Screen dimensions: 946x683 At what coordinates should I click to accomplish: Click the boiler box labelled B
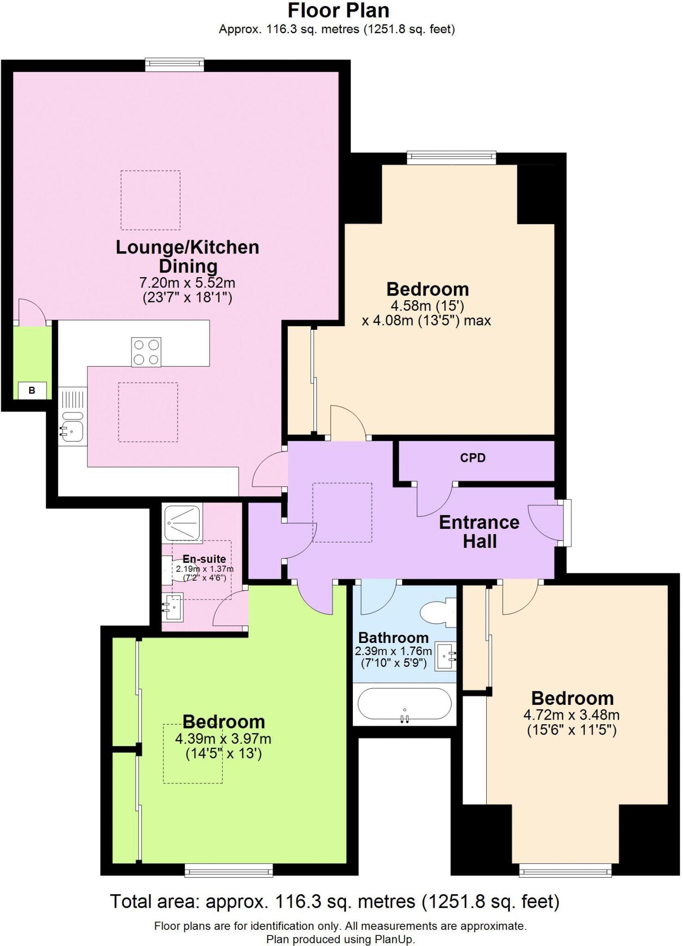[32, 390]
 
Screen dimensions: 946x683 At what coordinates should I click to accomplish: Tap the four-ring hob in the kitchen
[146, 352]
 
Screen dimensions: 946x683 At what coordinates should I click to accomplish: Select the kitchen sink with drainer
[73, 417]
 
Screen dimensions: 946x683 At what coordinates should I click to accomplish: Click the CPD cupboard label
[472, 458]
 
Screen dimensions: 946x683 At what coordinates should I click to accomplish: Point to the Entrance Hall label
[479, 532]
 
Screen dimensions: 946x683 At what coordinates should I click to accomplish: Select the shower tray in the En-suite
[183, 523]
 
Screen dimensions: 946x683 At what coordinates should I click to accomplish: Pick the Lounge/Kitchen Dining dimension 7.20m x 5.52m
[187, 282]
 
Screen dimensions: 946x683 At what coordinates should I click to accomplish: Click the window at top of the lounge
[174, 65]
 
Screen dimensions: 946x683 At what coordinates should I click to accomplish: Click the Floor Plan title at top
[338, 10]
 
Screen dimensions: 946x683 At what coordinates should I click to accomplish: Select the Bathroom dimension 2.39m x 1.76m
[393, 651]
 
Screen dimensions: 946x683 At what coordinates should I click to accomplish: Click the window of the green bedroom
[229, 871]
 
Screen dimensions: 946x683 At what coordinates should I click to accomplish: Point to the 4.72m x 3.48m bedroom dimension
[571, 715]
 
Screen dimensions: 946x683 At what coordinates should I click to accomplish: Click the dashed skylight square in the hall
[342, 512]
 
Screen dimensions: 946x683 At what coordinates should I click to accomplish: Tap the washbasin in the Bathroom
[446, 655]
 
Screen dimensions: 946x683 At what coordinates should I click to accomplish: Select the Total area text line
[335, 901]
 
